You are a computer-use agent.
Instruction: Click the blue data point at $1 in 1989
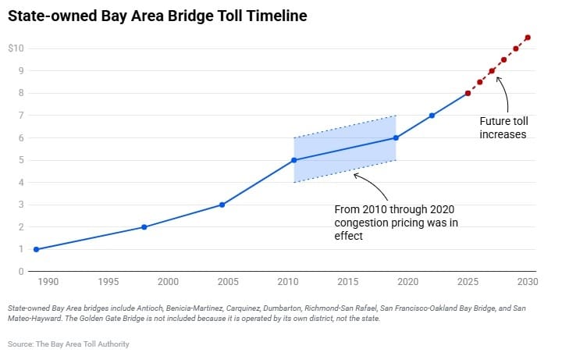point(36,249)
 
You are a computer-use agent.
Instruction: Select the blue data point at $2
point(144,227)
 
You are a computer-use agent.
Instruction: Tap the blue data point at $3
point(222,205)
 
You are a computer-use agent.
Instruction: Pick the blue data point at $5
point(294,160)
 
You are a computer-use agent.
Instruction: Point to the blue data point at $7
point(432,116)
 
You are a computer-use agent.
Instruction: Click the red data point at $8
point(468,93)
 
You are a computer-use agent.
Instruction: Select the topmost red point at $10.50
point(528,37)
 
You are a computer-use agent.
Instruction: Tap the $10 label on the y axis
point(16,48)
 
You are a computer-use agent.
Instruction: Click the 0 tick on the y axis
point(21,272)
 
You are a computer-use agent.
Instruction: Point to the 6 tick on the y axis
point(21,138)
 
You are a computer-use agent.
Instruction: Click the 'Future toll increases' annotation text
point(503,128)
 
